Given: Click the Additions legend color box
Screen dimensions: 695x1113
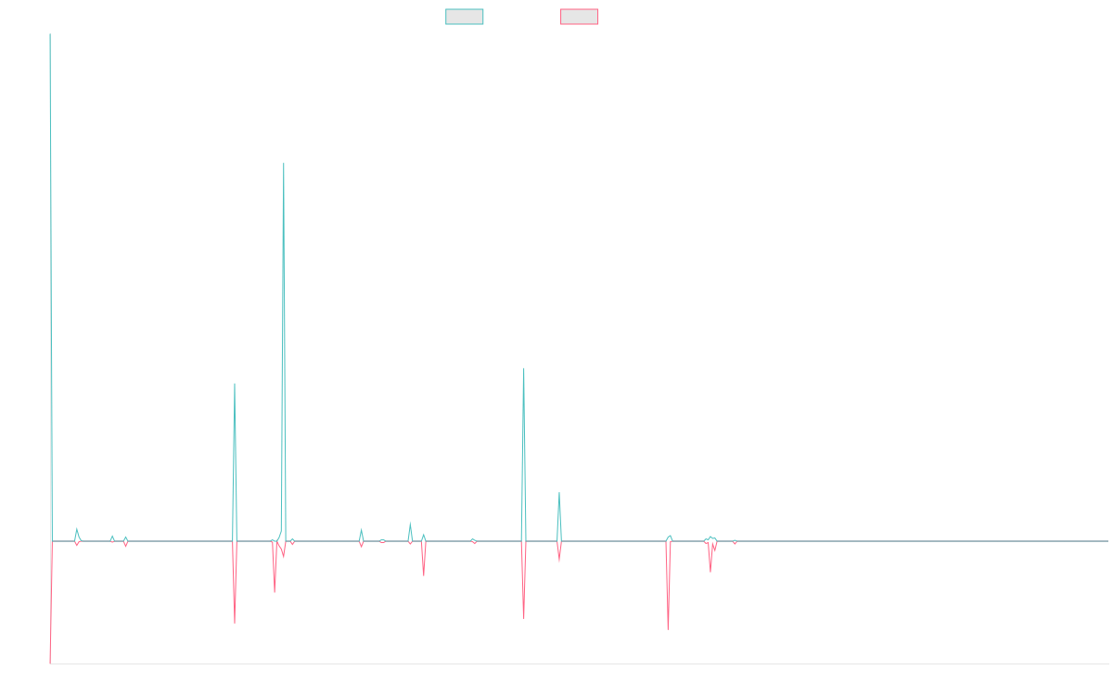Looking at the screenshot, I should click(465, 17).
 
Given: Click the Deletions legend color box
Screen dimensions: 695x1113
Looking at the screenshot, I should click(580, 17).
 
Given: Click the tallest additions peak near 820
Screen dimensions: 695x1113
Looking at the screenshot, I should click(284, 163).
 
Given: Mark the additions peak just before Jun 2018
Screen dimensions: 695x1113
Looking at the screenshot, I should click(235, 384).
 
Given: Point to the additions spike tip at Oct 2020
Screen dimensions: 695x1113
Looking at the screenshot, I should click(524, 369).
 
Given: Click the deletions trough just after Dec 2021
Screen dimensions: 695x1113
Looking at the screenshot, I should click(668, 629).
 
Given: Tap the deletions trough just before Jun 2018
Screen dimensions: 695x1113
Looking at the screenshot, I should click(235, 623).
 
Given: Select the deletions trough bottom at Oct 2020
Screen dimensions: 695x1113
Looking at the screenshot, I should click(524, 618).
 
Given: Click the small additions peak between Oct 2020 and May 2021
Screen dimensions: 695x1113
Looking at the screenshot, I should click(559, 493).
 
